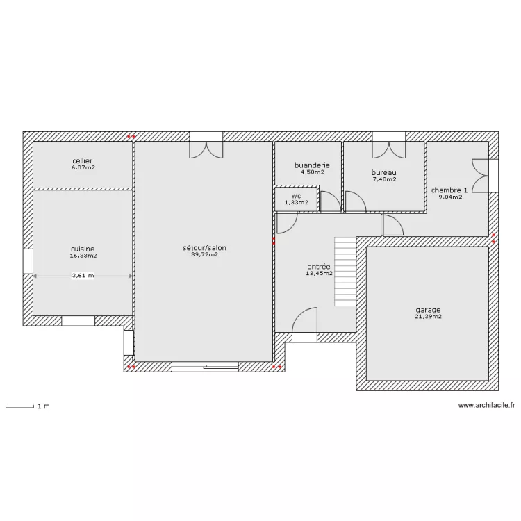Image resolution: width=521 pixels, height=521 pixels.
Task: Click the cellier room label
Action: (83, 161)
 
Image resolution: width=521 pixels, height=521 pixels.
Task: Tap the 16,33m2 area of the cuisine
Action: (83, 256)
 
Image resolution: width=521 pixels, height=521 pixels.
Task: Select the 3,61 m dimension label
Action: (83, 276)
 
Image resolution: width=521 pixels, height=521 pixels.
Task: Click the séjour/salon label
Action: (204, 248)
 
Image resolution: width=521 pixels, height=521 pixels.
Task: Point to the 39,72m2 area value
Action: (205, 254)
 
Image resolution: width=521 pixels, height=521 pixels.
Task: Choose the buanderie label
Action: (312, 165)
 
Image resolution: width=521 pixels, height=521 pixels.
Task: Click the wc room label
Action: (296, 196)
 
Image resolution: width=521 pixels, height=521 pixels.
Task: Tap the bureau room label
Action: (383, 172)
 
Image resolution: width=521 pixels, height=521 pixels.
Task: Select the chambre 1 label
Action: (449, 190)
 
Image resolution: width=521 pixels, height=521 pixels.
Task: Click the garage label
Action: (428, 311)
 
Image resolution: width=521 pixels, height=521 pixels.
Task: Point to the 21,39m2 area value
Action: (429, 317)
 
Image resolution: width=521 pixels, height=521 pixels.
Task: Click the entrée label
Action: (319, 267)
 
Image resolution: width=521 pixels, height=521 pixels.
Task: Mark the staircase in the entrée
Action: (345, 272)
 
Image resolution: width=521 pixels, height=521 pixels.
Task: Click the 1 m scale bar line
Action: (19, 406)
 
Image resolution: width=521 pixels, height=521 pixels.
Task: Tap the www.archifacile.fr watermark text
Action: (487, 405)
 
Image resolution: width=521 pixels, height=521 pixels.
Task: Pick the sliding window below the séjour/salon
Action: (205, 366)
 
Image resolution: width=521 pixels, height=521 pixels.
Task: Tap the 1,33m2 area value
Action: (297, 202)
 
